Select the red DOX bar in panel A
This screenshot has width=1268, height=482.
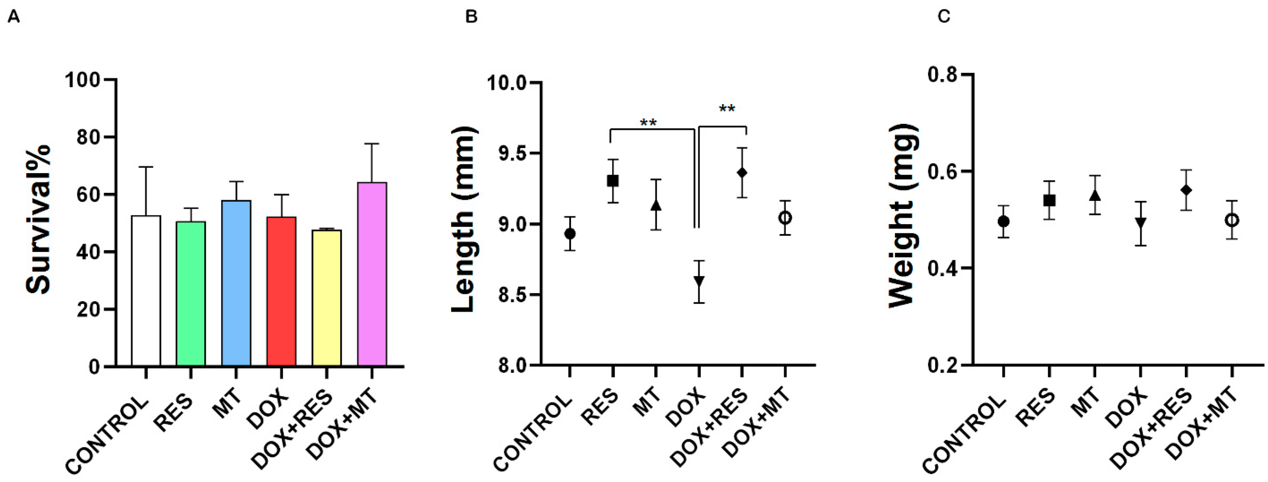point(282,291)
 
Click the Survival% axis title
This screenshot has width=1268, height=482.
point(38,219)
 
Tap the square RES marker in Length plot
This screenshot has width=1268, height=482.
point(612,181)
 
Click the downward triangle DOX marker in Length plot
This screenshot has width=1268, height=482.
point(699,281)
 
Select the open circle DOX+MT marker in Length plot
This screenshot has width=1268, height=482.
point(785,217)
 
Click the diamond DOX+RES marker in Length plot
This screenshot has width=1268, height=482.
point(742,173)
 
